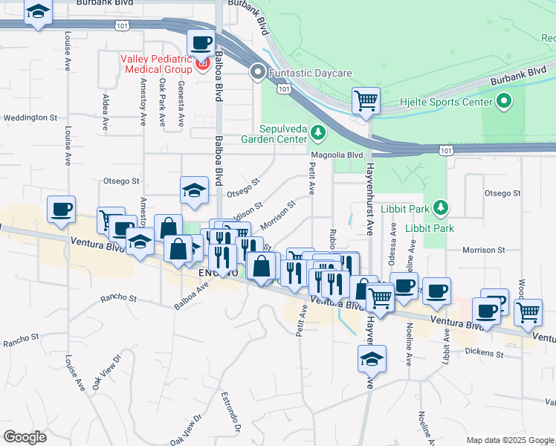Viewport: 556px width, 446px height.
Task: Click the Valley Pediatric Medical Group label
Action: (x=157, y=65)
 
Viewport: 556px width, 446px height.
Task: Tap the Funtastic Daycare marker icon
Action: (x=258, y=73)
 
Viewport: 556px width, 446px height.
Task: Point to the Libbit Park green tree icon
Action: (x=441, y=206)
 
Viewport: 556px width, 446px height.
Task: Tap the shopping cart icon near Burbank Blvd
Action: (x=365, y=100)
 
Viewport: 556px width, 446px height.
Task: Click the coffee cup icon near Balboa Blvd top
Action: (x=201, y=42)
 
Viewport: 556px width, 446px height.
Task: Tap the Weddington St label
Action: (x=30, y=118)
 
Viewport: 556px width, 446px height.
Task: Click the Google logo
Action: (x=24, y=437)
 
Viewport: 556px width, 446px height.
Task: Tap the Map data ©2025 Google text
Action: (x=509, y=439)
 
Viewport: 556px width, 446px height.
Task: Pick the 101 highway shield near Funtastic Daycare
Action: (x=283, y=89)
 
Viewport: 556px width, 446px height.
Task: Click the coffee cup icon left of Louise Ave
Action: (x=62, y=209)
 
